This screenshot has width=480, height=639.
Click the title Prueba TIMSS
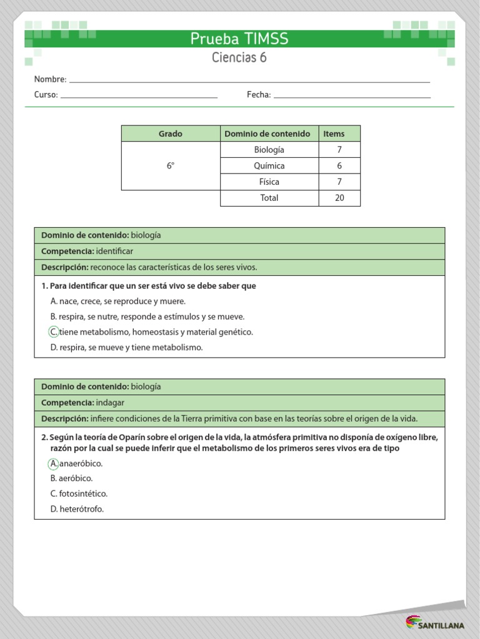[239, 39]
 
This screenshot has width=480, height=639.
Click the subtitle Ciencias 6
[239, 58]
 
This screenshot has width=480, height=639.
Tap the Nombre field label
[50, 79]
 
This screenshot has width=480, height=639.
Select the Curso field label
[46, 95]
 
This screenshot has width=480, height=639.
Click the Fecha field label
[259, 95]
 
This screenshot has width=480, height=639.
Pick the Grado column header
[170, 134]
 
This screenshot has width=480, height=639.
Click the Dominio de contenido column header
[267, 134]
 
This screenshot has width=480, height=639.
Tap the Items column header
[334, 134]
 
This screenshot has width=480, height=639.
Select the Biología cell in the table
[269, 150]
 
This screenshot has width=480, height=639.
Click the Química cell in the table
[269, 166]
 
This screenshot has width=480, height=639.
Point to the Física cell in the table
[269, 182]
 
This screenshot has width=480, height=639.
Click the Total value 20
[339, 198]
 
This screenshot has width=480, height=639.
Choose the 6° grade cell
[170, 166]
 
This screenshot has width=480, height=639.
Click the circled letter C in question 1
[54, 332]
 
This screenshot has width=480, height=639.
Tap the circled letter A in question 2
[54, 464]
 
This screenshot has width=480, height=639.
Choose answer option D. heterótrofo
[77, 509]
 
